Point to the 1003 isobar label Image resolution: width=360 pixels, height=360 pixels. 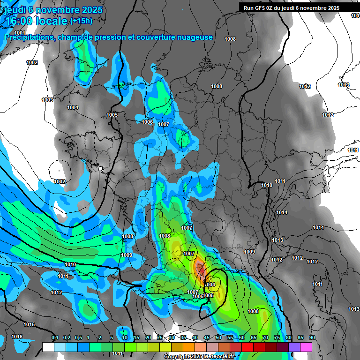[47, 100]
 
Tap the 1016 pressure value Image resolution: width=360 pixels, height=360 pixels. [17, 337]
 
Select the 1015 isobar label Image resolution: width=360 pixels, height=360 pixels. [29, 324]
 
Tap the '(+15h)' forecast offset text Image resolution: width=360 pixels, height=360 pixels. [81, 21]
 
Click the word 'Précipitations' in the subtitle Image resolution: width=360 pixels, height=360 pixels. [29, 37]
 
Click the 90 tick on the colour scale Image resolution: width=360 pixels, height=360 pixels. [312, 337]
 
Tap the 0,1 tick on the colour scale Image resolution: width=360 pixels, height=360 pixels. [54, 337]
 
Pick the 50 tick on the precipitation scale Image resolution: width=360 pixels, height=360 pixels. [218, 337]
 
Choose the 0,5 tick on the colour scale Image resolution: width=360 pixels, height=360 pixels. [78, 337]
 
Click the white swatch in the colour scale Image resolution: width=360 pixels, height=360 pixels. [48, 347]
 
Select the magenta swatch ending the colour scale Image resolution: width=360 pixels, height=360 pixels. [306, 347]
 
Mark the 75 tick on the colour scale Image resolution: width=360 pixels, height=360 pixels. [277, 337]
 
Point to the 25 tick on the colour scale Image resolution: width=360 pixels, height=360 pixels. [160, 337]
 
